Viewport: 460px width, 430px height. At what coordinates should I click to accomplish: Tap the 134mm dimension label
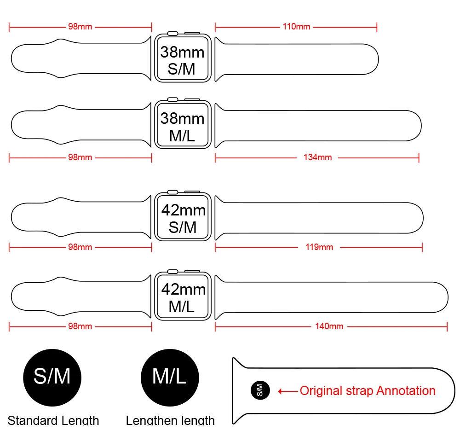click(x=317, y=157)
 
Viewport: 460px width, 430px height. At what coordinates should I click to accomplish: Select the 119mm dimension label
click(x=319, y=247)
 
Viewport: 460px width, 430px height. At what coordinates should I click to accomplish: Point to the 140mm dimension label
click(x=329, y=326)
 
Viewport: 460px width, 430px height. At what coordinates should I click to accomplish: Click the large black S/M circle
click(x=52, y=377)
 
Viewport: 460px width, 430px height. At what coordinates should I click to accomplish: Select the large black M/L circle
click(x=169, y=377)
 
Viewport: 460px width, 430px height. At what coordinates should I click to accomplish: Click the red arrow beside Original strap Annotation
click(x=288, y=391)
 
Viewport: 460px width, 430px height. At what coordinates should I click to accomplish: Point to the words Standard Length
click(x=53, y=420)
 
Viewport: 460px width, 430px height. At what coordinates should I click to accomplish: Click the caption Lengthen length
click(x=170, y=420)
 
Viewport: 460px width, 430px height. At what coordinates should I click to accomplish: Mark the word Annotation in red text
click(x=406, y=391)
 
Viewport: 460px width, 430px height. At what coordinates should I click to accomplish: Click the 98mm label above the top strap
click(x=80, y=27)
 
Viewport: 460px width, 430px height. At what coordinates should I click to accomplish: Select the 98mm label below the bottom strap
click(x=80, y=326)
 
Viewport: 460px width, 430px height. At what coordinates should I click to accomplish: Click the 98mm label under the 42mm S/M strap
click(x=80, y=247)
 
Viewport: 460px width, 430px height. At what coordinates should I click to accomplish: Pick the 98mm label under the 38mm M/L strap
click(x=80, y=157)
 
